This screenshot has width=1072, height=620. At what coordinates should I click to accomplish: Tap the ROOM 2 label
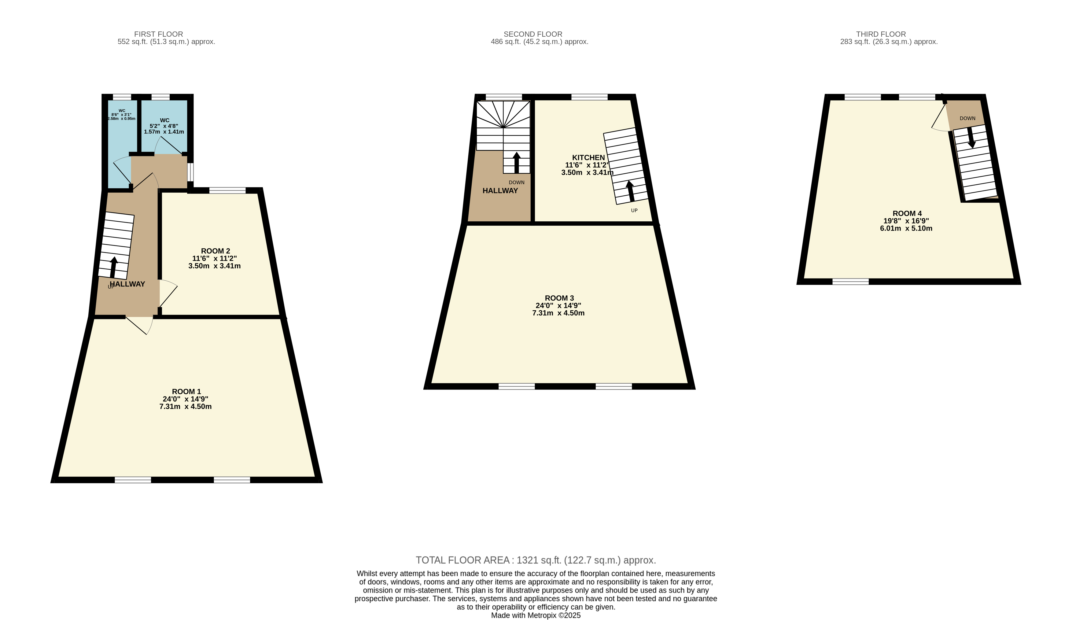click(x=215, y=251)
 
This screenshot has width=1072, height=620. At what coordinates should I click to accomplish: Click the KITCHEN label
click(x=588, y=157)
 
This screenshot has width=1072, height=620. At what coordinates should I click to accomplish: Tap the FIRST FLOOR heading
click(x=159, y=34)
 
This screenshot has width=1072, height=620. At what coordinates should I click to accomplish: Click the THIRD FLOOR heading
click(x=881, y=34)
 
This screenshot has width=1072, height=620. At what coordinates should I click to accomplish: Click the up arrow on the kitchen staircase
click(x=630, y=191)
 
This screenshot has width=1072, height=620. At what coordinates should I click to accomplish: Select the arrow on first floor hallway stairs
click(x=113, y=267)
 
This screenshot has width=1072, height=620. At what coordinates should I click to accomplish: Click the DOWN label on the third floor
click(x=967, y=118)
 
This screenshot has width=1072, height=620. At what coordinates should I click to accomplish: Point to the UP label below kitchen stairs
click(x=634, y=211)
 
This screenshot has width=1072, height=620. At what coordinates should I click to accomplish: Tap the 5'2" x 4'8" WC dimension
click(x=164, y=126)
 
